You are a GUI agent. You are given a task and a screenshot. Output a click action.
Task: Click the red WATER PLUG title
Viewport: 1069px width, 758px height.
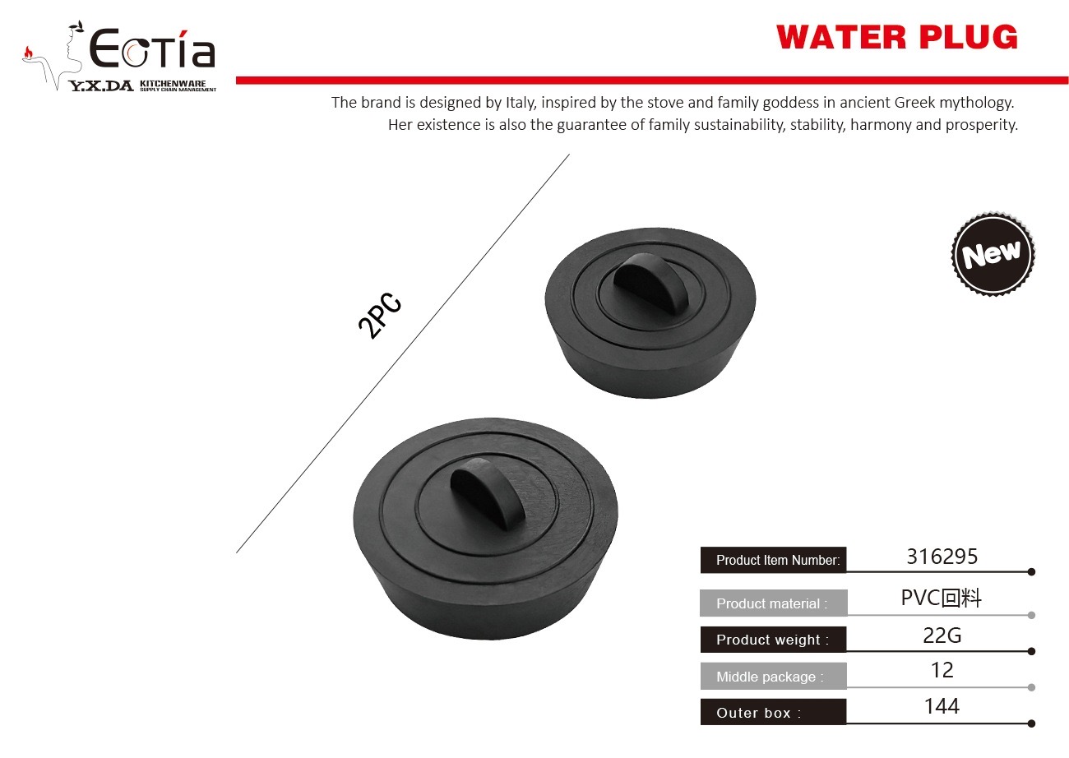pyautogui.click(x=897, y=37)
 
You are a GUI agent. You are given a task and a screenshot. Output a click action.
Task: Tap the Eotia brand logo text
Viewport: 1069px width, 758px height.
pyautogui.click(x=152, y=49)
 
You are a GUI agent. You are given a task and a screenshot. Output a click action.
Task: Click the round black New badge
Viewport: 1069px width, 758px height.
pyautogui.click(x=993, y=254)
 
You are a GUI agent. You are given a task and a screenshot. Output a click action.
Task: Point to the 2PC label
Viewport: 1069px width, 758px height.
pyautogui.click(x=380, y=316)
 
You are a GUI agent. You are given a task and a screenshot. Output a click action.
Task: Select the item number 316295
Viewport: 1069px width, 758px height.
pyautogui.click(x=942, y=557)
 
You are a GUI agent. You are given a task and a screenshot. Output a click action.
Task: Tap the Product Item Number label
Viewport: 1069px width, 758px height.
pyautogui.click(x=778, y=560)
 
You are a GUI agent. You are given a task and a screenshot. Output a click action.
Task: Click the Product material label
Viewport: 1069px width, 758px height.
pyautogui.click(x=771, y=603)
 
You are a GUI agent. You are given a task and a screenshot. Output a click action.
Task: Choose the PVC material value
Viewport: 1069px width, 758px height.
pyautogui.click(x=941, y=599)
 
